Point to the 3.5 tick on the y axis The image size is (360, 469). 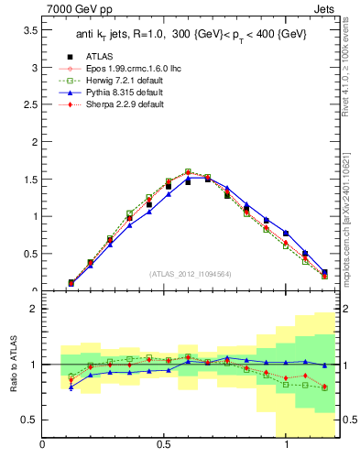[x=30, y=30]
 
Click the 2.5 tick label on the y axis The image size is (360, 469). [x=30, y=104]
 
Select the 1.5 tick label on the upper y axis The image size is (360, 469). [x=30, y=180]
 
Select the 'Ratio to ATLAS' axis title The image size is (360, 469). [x=12, y=365]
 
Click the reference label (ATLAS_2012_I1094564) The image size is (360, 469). [x=190, y=273]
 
